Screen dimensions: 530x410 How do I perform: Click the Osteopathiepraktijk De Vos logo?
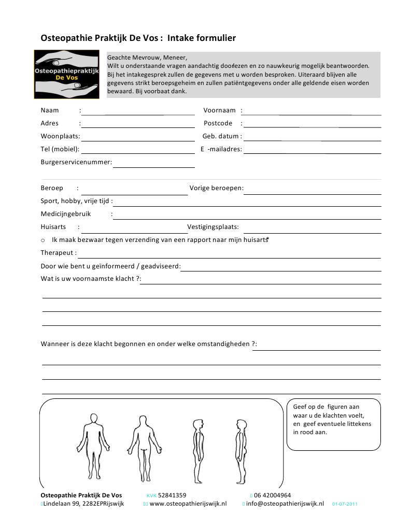[66, 74]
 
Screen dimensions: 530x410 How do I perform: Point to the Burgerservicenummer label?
[76, 162]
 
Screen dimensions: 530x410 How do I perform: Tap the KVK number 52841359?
[172, 495]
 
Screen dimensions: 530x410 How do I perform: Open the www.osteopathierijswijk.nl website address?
[188, 504]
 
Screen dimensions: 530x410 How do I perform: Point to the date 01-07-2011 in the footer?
[345, 504]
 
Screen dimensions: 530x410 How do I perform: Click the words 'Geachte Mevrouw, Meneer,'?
[147, 58]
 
